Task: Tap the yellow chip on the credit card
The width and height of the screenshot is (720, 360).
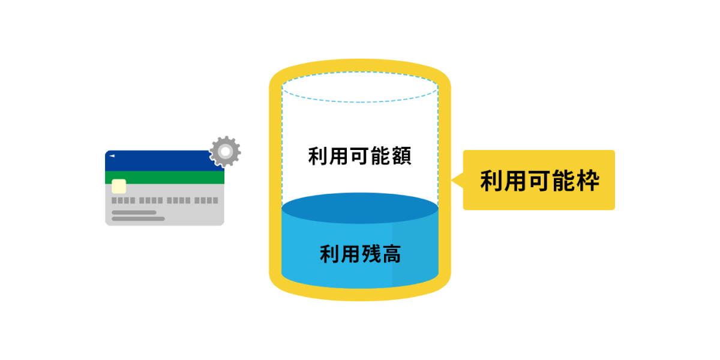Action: click(x=119, y=186)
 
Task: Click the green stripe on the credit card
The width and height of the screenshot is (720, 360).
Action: click(x=164, y=177)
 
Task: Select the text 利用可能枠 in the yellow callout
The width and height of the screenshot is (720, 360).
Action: click(x=539, y=180)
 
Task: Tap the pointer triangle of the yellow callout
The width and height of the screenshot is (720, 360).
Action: click(x=457, y=179)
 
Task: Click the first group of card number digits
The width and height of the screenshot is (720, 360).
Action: click(x=123, y=200)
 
